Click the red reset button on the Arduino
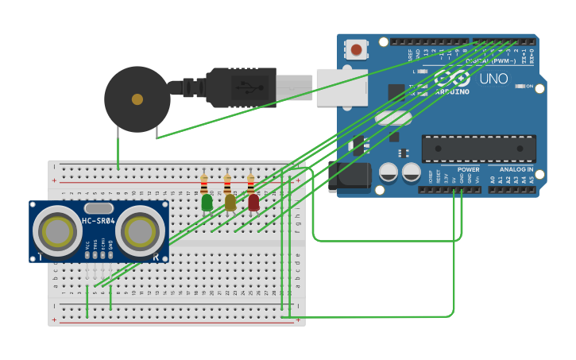click(x=356, y=50)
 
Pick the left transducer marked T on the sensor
click(x=57, y=231)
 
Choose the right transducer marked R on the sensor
click(x=140, y=231)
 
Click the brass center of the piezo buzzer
click(x=137, y=99)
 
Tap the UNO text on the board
click(x=494, y=79)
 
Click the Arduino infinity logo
click(x=451, y=78)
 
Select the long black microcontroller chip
click(x=479, y=149)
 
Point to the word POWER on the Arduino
click(x=468, y=169)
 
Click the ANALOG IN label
click(x=516, y=169)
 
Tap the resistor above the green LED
click(x=204, y=184)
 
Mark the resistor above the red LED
click(x=250, y=184)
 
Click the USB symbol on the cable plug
click(x=249, y=87)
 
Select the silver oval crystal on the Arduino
click(x=392, y=118)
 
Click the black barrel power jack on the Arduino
click(x=350, y=176)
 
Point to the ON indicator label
click(x=528, y=86)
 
